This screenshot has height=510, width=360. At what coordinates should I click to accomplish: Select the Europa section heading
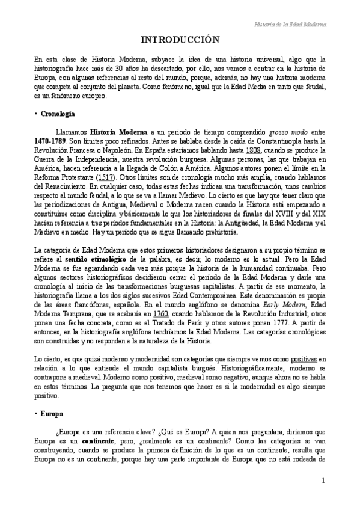[x=52, y=415]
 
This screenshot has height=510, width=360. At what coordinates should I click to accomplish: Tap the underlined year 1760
[x=161, y=314]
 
